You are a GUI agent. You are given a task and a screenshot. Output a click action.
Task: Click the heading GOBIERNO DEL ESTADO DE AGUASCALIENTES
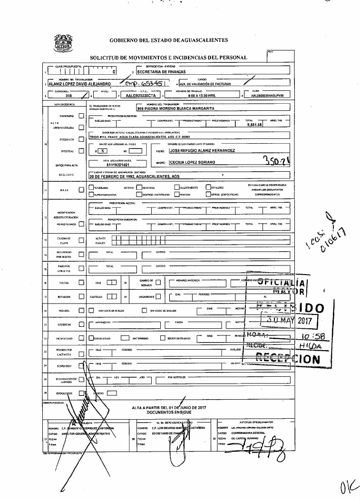[169, 40]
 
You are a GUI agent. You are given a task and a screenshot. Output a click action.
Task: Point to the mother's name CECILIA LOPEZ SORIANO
[193, 162]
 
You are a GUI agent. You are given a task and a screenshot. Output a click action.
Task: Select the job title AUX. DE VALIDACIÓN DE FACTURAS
[208, 84]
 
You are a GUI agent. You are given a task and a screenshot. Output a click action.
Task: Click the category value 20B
[68, 95]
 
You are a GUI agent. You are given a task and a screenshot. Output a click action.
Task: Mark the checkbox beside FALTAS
[81, 283]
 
